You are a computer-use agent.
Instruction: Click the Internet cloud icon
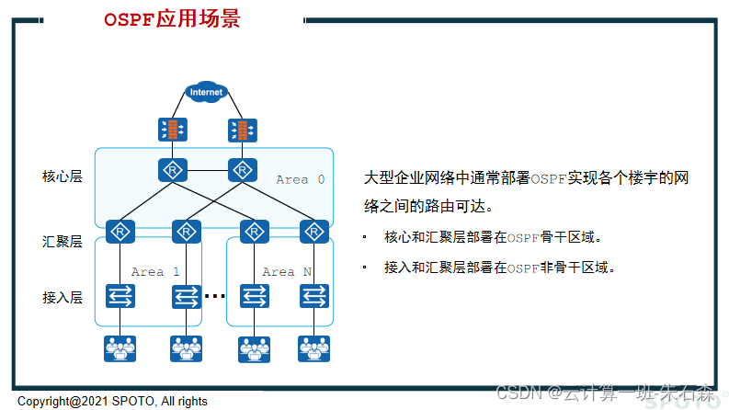pos(206,92)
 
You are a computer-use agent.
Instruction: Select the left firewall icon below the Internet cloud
pos(170,129)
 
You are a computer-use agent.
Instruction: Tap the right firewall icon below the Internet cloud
pos(241,129)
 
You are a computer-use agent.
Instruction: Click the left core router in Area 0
pos(170,171)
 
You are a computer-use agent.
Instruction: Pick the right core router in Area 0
pos(241,171)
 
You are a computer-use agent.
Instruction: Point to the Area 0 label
pos(300,179)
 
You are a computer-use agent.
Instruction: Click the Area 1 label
pos(154,272)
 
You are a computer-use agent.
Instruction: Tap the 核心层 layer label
pos(63,176)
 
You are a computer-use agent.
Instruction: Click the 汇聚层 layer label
pos(63,242)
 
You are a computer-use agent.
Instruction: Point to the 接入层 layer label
pos(63,297)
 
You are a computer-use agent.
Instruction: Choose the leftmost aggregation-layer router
pos(120,231)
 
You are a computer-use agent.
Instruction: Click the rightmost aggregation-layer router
pos(313,231)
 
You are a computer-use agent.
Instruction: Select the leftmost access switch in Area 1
pos(120,296)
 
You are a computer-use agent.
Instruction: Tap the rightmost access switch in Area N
pos(313,296)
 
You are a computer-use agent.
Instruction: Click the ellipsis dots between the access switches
pos(214,296)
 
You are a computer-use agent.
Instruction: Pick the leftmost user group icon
pos(120,348)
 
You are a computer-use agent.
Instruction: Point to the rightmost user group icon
pos(313,348)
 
